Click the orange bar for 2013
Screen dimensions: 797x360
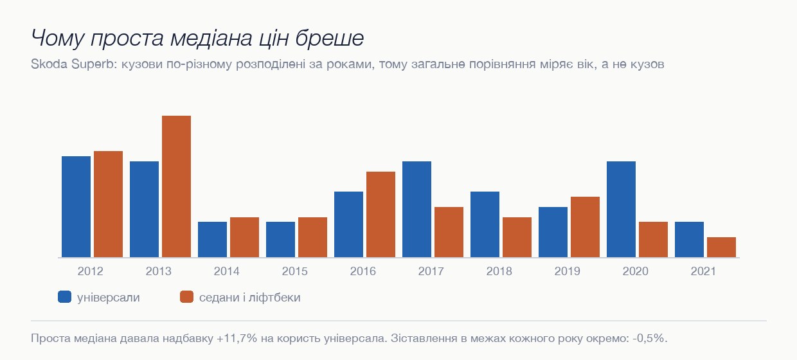176,186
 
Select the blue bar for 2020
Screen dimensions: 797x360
621,209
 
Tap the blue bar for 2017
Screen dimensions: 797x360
416,209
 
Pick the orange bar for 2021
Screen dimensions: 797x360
721,248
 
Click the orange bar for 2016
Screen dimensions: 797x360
381,215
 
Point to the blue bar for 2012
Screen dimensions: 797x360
76,207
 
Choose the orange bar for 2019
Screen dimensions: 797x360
585,227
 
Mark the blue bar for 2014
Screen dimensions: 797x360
212,239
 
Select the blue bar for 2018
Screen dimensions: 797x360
485,224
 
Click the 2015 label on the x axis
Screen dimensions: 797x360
294,271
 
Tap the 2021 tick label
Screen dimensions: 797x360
703,271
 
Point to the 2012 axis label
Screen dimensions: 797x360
91,271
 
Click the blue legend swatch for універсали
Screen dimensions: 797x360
64,297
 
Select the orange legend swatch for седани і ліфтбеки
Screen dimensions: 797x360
187,297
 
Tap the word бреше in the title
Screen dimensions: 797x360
330,38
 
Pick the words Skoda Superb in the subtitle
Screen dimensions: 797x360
73,64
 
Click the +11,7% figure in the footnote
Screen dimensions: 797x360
237,338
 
